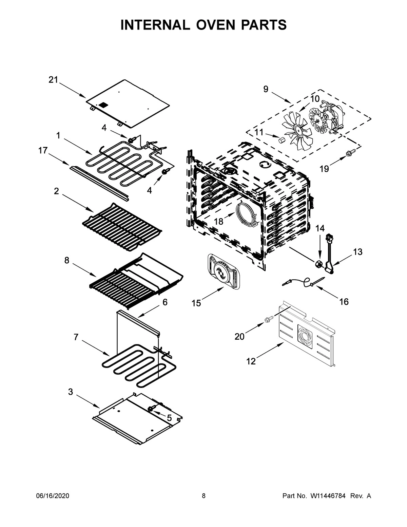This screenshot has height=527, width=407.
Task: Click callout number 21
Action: coord(53,80)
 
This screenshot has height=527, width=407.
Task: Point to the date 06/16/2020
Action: coord(53,496)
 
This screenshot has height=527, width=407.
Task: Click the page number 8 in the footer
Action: coord(203,496)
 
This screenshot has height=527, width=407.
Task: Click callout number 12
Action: coord(251,361)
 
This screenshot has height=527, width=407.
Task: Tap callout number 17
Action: coord(43,150)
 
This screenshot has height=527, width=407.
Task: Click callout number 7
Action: coord(76,337)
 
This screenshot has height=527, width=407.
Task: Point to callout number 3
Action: coord(70,392)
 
